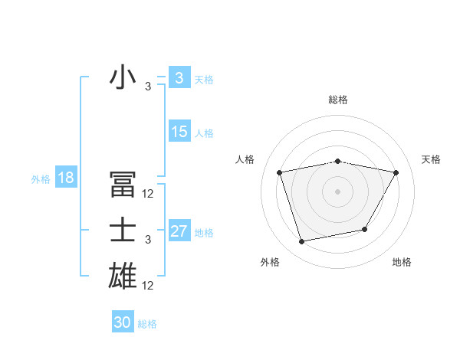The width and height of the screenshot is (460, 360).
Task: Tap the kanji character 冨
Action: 123,185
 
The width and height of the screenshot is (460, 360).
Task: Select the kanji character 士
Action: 123,231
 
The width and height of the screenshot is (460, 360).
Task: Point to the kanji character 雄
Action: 123,275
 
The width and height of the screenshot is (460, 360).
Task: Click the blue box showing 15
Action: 179,132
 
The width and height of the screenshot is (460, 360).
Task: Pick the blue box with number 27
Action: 179,231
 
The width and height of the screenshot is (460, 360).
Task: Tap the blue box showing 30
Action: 123,322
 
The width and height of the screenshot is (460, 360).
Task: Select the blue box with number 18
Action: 65,178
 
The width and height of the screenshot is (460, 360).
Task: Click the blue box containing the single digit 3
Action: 179,78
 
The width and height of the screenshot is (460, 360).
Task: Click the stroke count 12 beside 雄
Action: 148,286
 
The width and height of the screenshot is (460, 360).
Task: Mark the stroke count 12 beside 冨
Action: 148,195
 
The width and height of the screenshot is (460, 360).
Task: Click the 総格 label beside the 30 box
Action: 148,324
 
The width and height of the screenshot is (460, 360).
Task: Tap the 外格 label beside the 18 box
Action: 41,179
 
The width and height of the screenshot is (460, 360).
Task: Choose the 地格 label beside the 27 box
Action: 205,233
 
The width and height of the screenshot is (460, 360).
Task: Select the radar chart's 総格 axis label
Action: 337,100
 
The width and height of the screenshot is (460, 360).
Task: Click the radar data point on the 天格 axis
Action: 396,172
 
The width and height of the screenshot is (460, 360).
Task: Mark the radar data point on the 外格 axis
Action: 302,241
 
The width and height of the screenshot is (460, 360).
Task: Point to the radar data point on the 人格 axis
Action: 280,172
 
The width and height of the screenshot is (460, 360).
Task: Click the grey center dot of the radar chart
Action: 337,191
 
